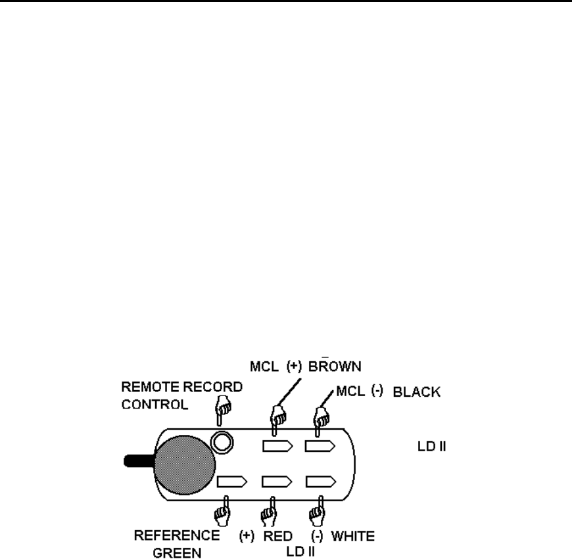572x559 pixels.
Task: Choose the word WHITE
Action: (x=353, y=537)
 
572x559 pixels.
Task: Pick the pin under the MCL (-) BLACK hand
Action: (x=318, y=447)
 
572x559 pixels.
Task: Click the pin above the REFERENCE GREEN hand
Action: (x=233, y=481)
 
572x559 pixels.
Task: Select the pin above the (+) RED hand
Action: (x=275, y=481)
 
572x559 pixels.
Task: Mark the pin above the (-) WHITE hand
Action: (x=318, y=481)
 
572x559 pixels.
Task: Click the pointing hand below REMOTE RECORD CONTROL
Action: (x=222, y=410)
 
